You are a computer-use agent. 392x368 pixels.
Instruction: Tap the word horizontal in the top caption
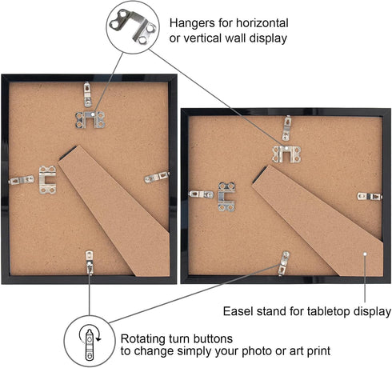coord(262,23)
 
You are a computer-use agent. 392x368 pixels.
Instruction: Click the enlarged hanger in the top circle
coord(133,26)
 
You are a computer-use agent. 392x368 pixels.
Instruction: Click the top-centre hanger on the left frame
coord(90,120)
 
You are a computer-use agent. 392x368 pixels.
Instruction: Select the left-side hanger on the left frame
coord(47,180)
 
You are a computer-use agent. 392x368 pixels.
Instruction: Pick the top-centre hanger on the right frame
coord(286,154)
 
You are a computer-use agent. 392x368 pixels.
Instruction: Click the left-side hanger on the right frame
coord(226,197)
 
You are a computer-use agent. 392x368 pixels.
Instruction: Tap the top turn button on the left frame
coord(88,94)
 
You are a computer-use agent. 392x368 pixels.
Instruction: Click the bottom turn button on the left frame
coord(90,262)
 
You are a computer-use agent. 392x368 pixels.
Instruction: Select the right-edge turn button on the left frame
coord(157,177)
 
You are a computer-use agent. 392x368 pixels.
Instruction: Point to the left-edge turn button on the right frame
coord(202,194)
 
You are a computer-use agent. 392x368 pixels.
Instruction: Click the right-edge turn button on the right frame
coord(370,197)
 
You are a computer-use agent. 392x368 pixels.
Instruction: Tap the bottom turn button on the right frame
coord(284,263)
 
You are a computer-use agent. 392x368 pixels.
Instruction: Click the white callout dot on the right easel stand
coord(365,254)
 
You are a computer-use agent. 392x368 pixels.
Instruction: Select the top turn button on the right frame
coord(286,128)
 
